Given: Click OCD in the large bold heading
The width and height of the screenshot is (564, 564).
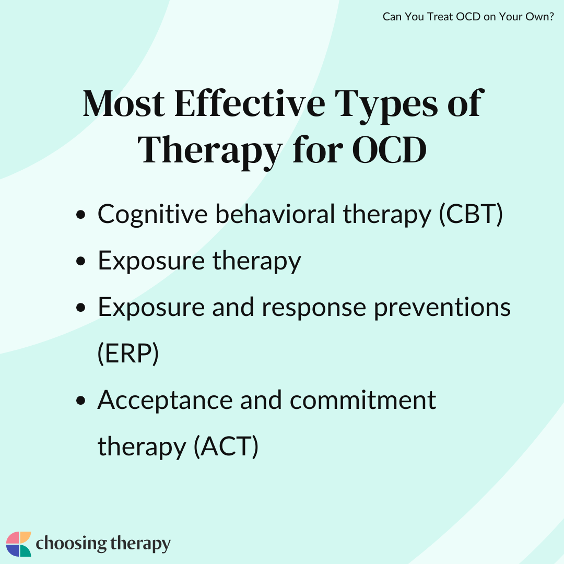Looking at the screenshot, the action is click(389, 150).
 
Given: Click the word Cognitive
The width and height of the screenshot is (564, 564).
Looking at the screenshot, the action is click(152, 215).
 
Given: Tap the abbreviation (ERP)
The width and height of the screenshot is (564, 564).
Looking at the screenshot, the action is click(128, 354).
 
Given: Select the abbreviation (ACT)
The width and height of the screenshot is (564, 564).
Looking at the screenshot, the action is click(226, 446).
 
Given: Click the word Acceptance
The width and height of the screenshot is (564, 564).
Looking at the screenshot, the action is click(165, 401).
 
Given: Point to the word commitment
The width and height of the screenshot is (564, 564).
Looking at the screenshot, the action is click(362, 401).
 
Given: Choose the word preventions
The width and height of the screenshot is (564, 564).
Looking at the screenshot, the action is click(442, 309).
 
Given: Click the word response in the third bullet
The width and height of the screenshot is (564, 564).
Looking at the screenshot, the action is click(314, 309).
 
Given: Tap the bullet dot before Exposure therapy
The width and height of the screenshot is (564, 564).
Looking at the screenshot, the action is click(81, 261).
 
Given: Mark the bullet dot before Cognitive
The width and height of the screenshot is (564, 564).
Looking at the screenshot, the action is click(81, 215).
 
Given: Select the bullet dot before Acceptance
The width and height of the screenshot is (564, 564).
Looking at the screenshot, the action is click(81, 401).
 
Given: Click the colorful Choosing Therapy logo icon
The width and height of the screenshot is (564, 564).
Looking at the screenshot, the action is click(19, 544).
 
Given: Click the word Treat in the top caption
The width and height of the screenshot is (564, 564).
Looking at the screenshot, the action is click(440, 17).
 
